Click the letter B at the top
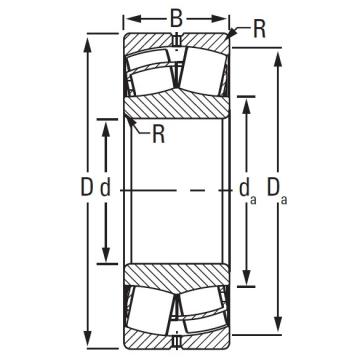click(176, 16)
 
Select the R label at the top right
click(260, 29)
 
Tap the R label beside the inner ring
click(157, 137)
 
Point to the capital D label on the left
click(87, 186)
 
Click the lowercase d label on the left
click(104, 186)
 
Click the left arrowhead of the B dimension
click(127, 17)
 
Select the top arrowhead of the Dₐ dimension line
click(275, 52)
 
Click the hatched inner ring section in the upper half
click(177, 108)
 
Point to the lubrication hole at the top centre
click(177, 41)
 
